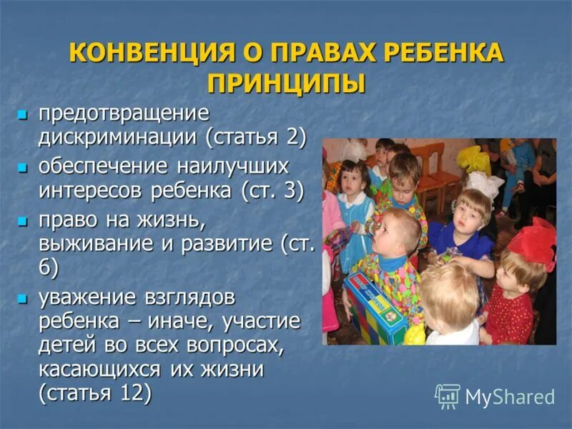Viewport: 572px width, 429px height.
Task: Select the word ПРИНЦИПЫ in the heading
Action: (x=286, y=82)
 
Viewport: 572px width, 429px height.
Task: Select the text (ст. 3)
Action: (x=272, y=190)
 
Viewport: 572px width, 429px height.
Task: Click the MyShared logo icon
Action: (x=448, y=395)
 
